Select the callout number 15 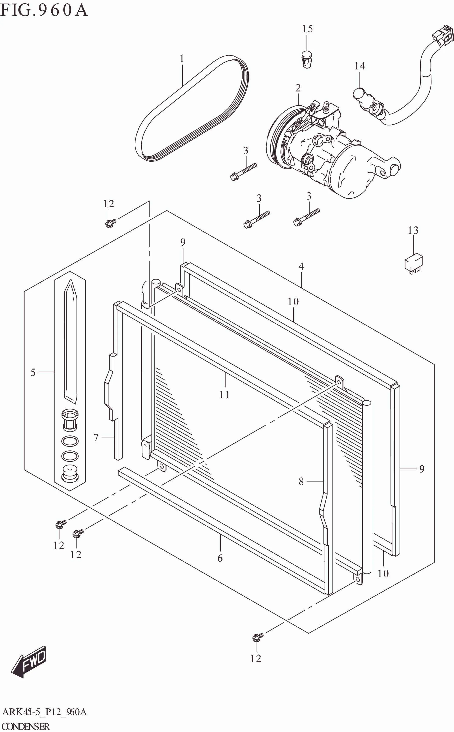pos(307,29)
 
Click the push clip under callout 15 pos(306,60)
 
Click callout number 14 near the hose pos(360,66)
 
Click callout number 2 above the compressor pos(298,88)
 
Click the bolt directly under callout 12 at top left pos(110,223)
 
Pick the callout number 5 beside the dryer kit pos(33,372)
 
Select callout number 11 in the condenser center pos(225,394)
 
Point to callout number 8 pos(301,481)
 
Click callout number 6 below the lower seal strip pos(220,558)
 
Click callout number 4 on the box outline pos(301,266)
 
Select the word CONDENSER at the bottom pos(26,726)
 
